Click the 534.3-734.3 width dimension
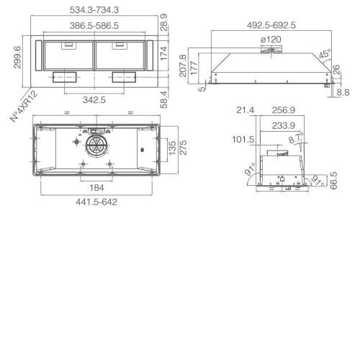[x=94, y=10]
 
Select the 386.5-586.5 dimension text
[x=94, y=26]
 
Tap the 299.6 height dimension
[x=17, y=58]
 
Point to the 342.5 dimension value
[x=94, y=100]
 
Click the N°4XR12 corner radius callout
[x=24, y=106]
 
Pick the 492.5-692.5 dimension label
[x=271, y=25]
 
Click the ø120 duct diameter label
[x=271, y=40]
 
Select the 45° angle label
[x=325, y=53]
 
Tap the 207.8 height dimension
[x=183, y=66]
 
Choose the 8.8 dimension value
[x=343, y=92]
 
